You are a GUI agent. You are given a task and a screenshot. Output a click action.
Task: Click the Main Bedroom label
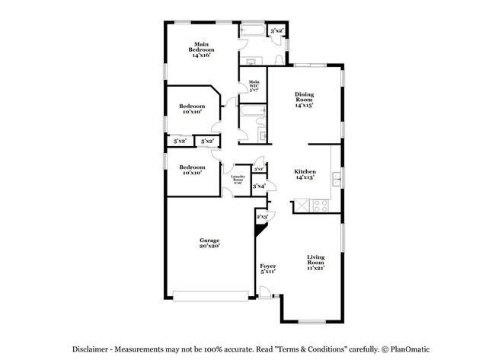(201, 49)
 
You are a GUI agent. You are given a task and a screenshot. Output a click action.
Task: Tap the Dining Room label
(305, 100)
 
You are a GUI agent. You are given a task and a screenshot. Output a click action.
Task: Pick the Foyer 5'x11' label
(267, 269)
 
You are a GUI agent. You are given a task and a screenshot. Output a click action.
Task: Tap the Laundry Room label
(238, 180)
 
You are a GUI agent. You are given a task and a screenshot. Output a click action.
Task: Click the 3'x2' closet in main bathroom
(277, 31)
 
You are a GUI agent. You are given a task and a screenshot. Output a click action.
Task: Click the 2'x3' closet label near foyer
(263, 217)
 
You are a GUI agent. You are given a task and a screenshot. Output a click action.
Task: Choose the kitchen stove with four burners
(319, 205)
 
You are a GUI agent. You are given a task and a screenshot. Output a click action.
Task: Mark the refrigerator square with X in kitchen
(302, 205)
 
